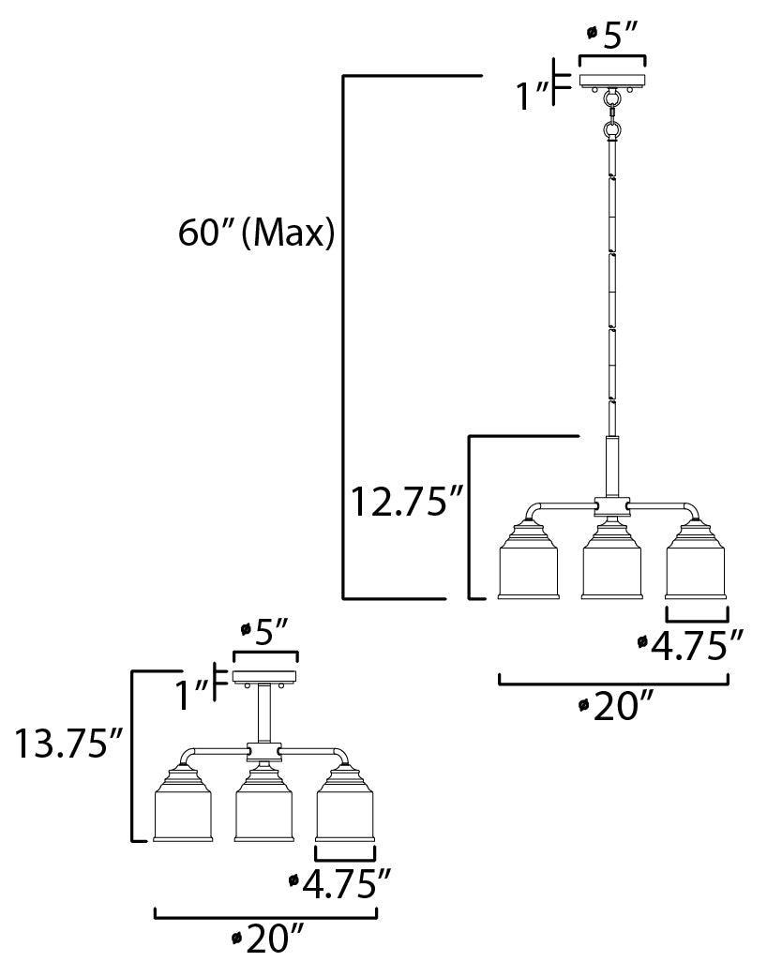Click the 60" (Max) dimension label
coord(256,233)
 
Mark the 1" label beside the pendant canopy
coord(534,95)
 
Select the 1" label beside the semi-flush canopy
coord(190,695)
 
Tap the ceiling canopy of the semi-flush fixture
coord(264,677)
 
